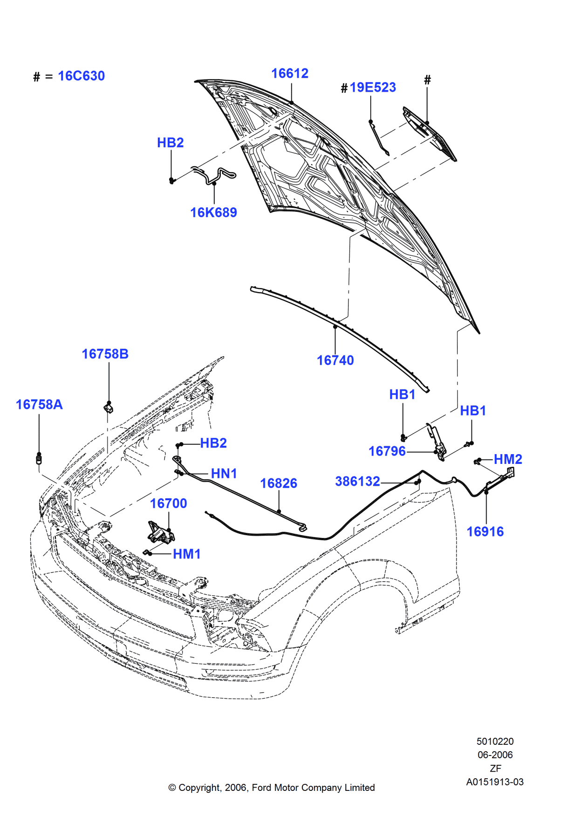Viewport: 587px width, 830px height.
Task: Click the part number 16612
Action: (290, 74)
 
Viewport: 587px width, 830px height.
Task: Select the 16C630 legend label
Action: (81, 76)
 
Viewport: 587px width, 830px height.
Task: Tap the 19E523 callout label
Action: (373, 88)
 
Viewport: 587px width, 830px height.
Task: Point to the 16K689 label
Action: (213, 212)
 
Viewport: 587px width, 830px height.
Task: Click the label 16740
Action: (335, 361)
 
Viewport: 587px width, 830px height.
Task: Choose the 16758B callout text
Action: (105, 354)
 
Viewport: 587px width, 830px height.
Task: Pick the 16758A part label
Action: (39, 404)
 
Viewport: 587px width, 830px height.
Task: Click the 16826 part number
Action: (278, 483)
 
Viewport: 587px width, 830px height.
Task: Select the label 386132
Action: (357, 481)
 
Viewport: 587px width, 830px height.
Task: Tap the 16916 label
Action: (485, 531)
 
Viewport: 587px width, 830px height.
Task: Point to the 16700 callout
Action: (168, 503)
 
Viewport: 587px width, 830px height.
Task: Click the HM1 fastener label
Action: (186, 554)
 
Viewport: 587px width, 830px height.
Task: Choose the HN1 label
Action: (224, 474)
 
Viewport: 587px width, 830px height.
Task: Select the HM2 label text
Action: (508, 459)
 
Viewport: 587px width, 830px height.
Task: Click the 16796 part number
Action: (387, 451)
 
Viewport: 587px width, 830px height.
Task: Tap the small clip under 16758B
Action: (109, 408)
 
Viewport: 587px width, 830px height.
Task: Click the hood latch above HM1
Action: (160, 533)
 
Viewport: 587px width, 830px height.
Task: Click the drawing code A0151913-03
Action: (495, 782)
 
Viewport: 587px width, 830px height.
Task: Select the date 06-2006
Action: (495, 755)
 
